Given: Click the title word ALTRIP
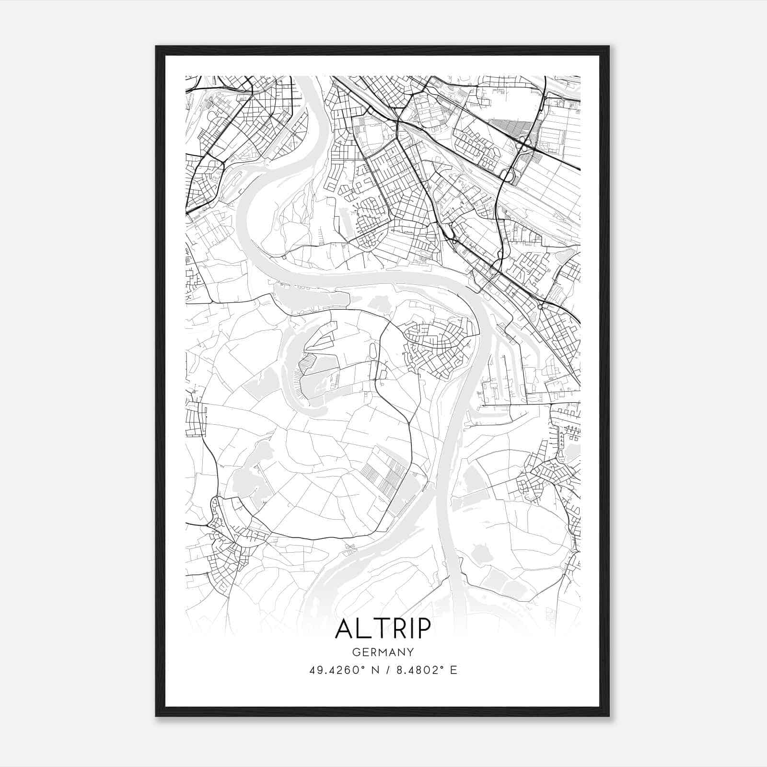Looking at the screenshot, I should coord(383,628).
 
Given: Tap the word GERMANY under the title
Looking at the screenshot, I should coord(383,652).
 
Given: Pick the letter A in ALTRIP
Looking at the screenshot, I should coord(345,628).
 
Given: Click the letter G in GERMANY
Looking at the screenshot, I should coord(356,652).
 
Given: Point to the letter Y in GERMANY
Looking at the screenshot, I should coord(410,652).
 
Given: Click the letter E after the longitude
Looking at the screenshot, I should coord(453,670).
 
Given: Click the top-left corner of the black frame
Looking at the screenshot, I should coord(156,46).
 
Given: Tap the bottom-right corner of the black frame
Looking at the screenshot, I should coord(609,716).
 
